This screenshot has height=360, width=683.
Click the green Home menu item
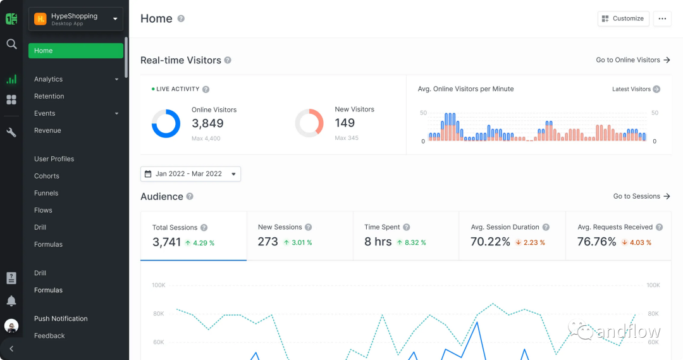[x=75, y=51]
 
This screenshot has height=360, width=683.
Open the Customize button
[x=623, y=18]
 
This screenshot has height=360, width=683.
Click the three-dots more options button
[x=662, y=18]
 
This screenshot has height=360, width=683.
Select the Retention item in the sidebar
[x=49, y=96]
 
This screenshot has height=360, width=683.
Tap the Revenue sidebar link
[x=47, y=130]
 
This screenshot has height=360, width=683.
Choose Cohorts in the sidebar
[x=47, y=176]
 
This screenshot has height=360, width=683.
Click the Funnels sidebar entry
[x=46, y=193]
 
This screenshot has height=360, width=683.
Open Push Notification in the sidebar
[x=61, y=319]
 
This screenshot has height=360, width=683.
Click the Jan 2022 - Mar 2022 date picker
[x=190, y=174]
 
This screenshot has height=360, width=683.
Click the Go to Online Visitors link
[x=632, y=60]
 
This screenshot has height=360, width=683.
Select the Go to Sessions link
[x=641, y=197]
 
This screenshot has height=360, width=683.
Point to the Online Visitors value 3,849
[x=207, y=123]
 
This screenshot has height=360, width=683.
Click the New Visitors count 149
[x=345, y=123]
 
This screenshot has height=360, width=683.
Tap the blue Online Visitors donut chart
[x=166, y=123]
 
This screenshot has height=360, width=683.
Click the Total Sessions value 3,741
[x=167, y=242]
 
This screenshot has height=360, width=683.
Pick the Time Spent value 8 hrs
[x=378, y=242]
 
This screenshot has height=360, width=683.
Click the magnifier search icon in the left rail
[x=11, y=44]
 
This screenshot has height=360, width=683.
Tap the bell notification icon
[x=11, y=301]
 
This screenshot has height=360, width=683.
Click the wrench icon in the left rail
[x=11, y=132]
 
